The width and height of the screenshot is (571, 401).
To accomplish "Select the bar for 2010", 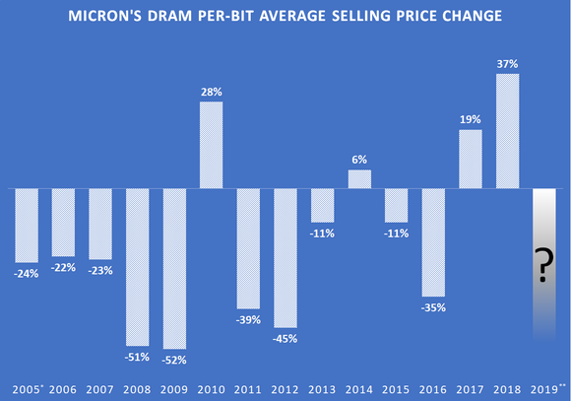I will click(x=212, y=145).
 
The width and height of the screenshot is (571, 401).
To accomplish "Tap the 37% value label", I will click(x=507, y=63).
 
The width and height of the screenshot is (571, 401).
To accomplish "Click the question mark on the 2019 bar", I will click(x=544, y=267).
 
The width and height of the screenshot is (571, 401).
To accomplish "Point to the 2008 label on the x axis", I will click(x=138, y=388).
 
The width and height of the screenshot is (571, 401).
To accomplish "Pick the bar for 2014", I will click(x=359, y=178).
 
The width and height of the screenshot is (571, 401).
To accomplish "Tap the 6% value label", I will click(x=360, y=159).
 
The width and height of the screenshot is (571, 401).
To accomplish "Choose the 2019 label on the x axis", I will click(x=545, y=388).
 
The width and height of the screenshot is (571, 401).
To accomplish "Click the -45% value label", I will click(x=285, y=338).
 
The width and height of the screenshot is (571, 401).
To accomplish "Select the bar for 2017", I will click(x=471, y=159).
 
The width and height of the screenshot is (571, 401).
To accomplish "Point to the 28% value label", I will click(x=212, y=91).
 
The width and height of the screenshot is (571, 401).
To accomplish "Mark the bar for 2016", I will click(x=433, y=242).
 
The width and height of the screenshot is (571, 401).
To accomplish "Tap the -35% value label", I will click(x=434, y=307).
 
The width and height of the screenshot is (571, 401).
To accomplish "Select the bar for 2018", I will click(x=507, y=131).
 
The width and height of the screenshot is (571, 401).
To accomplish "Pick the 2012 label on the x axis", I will click(x=285, y=388).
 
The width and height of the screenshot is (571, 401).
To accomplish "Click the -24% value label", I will click(x=26, y=273).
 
